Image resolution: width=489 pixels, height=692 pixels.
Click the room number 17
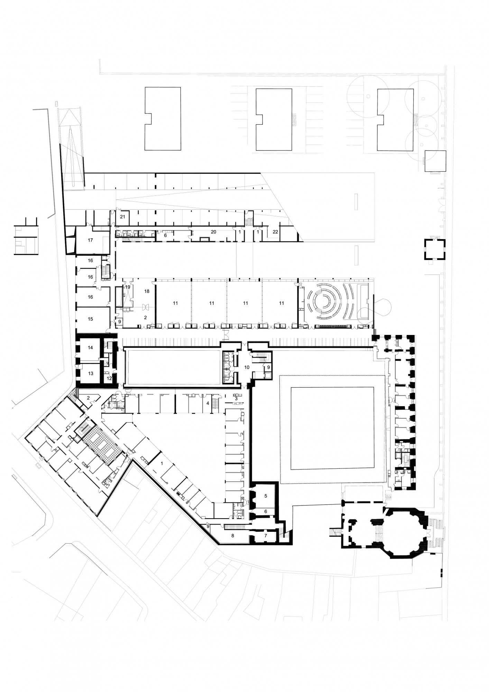point(90,240)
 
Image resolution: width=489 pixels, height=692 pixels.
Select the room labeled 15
point(90,319)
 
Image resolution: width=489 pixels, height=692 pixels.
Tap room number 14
point(90,347)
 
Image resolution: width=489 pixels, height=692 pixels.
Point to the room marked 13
point(90,374)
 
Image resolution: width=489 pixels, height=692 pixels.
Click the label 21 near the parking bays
point(122,217)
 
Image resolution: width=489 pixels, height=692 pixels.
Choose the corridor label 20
point(213,232)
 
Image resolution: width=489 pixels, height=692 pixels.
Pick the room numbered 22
point(275,232)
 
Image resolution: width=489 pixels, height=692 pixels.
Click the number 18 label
point(147,291)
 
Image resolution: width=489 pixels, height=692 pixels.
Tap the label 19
point(128,287)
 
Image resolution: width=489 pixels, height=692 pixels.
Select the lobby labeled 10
point(247,367)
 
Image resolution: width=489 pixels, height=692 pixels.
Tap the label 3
point(236,399)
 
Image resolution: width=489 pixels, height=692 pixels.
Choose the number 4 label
point(208,403)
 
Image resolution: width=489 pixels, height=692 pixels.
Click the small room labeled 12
point(109,379)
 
